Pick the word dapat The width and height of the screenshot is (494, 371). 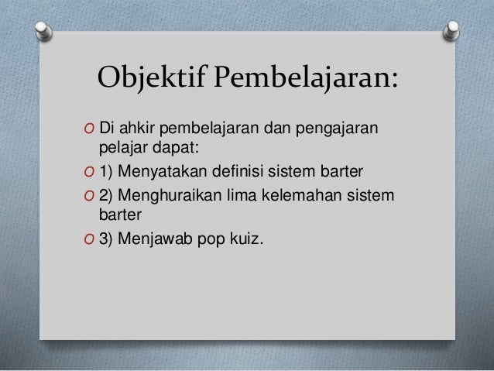click(177, 147)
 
